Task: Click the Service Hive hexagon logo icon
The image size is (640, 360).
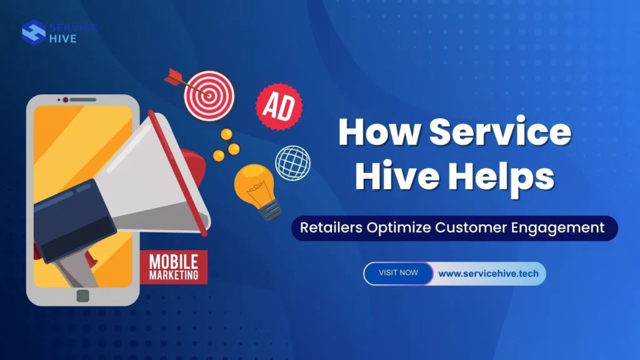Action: coord(33,32)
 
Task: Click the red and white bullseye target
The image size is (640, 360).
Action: coord(209,94)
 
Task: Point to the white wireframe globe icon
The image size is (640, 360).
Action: coord(292,162)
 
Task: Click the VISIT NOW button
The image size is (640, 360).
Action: coord(399,273)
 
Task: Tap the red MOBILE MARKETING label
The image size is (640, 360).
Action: coord(174,267)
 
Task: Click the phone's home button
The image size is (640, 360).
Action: coord(82,296)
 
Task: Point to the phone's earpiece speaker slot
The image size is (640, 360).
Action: coord(82,99)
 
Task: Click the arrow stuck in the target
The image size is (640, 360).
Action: coord(181,81)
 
